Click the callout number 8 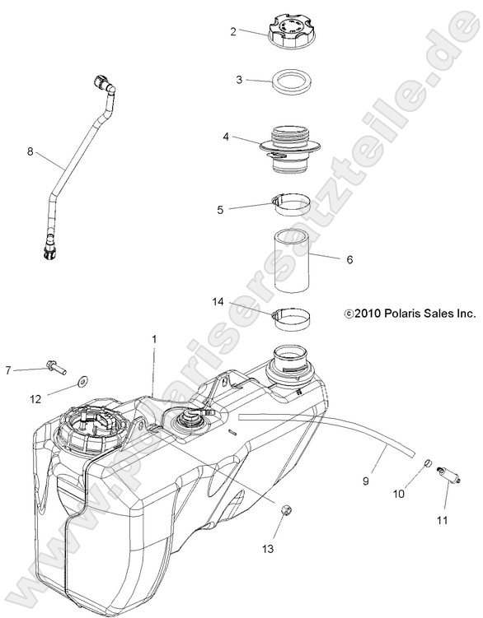click(x=30, y=151)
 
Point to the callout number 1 click(x=154, y=338)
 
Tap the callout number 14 click(x=218, y=303)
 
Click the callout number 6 click(x=349, y=259)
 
